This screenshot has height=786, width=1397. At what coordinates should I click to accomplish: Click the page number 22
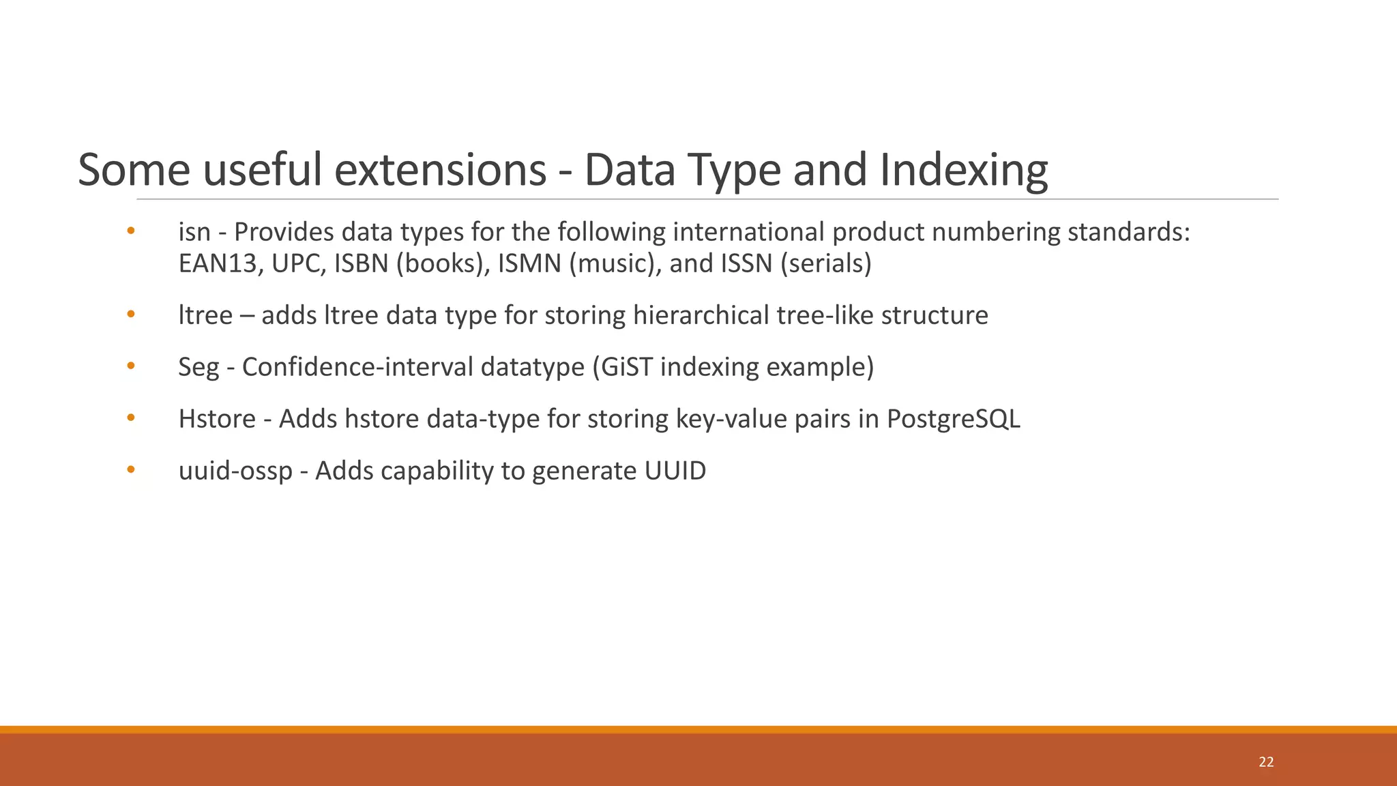point(1266,762)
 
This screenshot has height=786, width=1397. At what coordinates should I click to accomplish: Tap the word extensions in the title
point(440,170)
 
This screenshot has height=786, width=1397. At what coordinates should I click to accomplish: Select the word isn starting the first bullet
point(194,232)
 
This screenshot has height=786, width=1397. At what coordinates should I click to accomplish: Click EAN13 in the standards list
point(218,263)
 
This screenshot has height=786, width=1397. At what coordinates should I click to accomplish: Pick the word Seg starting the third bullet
point(198,367)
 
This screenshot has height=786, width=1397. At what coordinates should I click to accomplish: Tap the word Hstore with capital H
point(217,419)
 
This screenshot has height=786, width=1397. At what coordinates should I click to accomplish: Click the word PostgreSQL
point(954,419)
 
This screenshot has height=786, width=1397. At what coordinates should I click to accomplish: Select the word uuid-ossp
point(235,471)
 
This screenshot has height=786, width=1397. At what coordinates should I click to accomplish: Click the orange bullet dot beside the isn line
point(131,231)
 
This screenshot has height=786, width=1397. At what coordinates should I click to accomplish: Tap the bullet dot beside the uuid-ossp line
point(131,469)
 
